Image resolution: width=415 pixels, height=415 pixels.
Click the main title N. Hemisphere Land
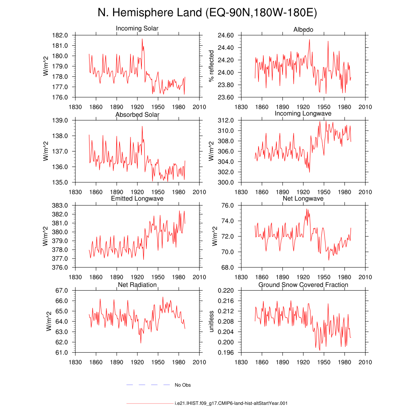coord(150,13)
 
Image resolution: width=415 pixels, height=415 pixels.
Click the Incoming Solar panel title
coord(137,28)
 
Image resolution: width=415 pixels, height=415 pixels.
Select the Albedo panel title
coord(303,30)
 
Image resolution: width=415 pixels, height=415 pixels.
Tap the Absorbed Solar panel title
coord(137,115)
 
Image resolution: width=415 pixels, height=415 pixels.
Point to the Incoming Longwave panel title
coord(303,113)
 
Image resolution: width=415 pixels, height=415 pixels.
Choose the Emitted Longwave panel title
coord(137,199)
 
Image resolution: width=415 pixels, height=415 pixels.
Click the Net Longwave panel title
coord(303,199)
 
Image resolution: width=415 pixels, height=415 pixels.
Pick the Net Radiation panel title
coord(137,285)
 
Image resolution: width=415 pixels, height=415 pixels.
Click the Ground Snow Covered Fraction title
coord(303,285)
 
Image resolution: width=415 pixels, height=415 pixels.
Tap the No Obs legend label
coord(183,385)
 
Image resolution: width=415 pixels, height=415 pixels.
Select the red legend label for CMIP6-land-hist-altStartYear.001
coord(231,403)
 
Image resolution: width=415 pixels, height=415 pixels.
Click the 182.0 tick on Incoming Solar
coord(60,35)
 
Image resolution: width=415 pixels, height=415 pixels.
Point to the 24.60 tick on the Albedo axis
coord(226,35)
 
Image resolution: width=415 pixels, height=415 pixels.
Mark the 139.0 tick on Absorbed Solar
coord(60,120)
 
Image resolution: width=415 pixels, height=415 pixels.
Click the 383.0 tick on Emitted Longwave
coord(60,205)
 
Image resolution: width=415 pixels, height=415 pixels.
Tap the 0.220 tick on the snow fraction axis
coord(226,291)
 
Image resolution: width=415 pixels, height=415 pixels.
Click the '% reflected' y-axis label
coord(211,66)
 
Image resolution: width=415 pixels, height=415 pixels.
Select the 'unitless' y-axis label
coord(211,321)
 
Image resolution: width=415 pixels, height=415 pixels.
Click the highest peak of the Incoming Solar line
coord(142,39)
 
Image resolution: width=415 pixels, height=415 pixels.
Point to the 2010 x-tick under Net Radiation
coord(199,362)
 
